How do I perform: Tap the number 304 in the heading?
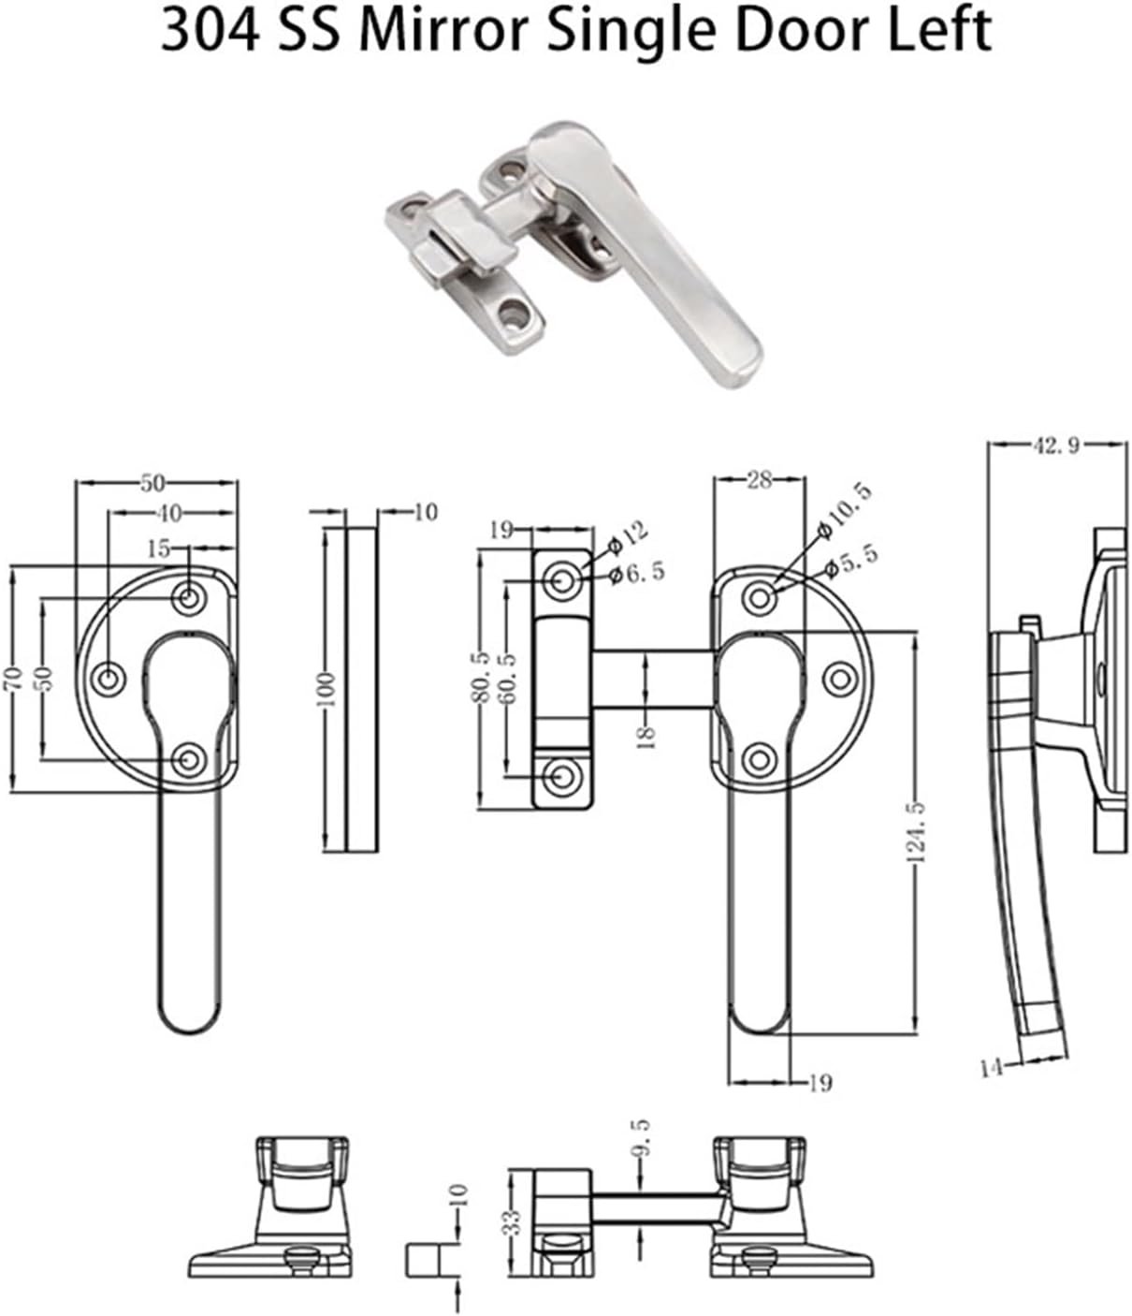[x=204, y=31]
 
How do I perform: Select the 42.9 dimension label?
[x=1055, y=446]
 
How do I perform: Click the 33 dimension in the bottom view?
[x=511, y=1221]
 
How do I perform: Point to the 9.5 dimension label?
[x=641, y=1138]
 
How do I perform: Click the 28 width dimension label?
[x=759, y=480]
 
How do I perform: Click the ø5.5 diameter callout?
[x=850, y=561]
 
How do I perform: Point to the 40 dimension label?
[x=170, y=512]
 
